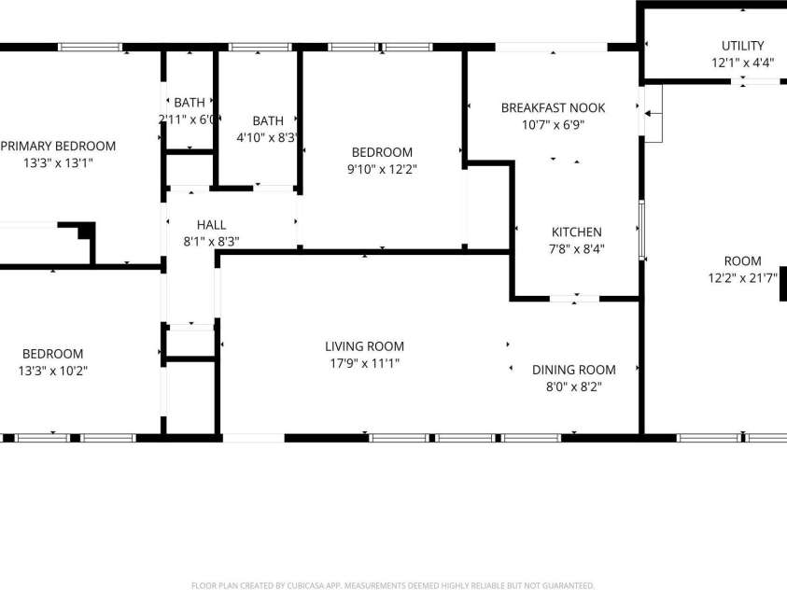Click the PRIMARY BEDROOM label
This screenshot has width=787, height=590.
59,146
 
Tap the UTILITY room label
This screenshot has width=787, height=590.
742,46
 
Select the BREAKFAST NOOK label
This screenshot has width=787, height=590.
553,108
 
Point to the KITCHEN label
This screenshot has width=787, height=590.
576,232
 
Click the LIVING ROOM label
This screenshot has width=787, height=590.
364,346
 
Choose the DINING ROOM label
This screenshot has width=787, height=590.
574,370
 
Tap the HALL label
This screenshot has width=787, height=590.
211,225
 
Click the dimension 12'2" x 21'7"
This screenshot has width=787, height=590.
742,278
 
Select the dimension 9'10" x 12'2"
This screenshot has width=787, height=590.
381,170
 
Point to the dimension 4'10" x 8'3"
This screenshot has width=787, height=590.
268,138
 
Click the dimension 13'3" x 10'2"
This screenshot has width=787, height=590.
52,371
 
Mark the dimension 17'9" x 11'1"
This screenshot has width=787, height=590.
364,363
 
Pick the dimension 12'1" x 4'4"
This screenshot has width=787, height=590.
742,63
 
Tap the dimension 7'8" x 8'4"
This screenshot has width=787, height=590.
576,249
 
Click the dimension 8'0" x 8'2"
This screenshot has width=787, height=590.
574,386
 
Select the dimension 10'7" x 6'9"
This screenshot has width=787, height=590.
553,125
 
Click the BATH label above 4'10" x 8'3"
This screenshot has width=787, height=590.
268,121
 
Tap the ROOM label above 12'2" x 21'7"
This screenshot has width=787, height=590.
742,261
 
